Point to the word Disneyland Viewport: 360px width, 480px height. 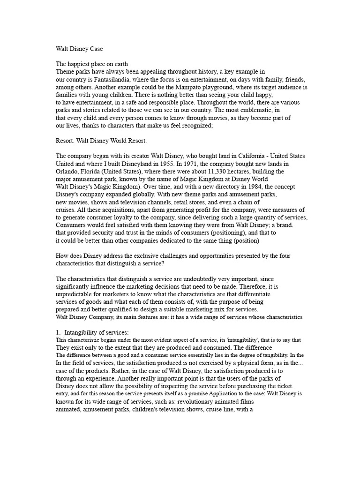(140, 163)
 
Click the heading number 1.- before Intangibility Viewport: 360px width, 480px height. (60, 332)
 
